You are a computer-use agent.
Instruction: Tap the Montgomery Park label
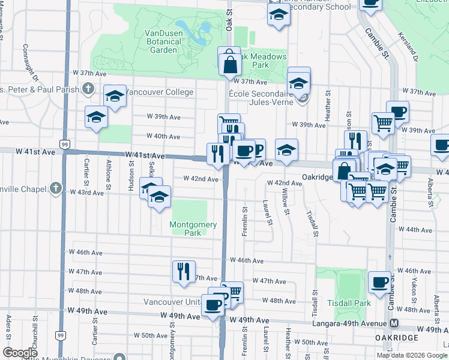[x=193, y=229]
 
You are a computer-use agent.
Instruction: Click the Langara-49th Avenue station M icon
[x=394, y=324]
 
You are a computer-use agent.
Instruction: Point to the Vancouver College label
[x=160, y=92]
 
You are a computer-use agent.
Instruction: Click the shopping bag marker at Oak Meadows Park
[x=230, y=64]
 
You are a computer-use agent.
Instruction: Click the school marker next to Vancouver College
[x=115, y=96]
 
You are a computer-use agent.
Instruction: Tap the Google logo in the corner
[x=20, y=353]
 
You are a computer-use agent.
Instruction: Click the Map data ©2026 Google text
[x=411, y=355]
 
